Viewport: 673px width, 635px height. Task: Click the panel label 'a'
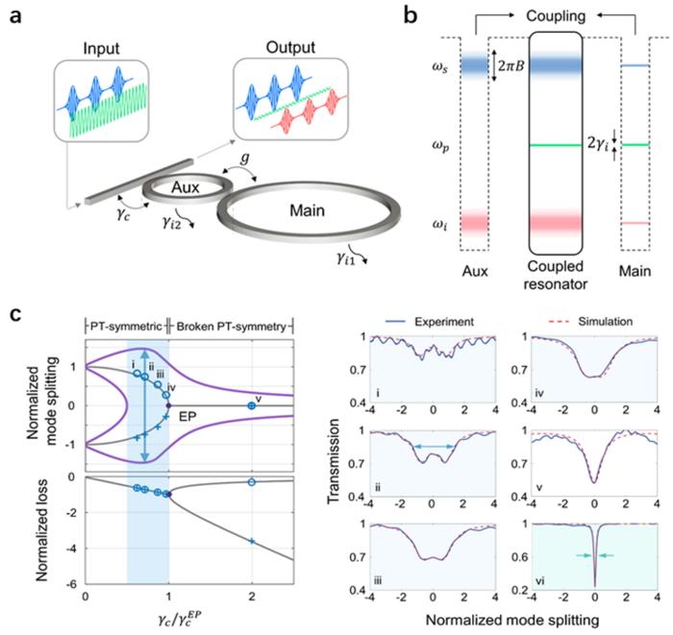(x=16, y=13)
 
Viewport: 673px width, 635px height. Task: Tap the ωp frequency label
(x=444, y=146)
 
